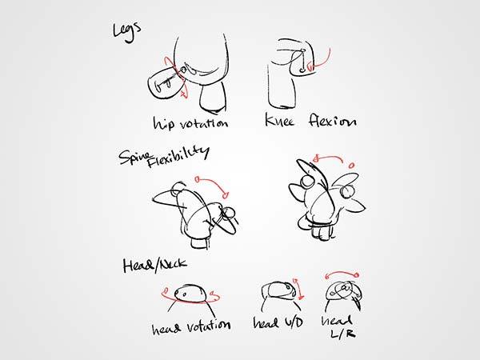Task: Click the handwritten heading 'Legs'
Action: coord(126,31)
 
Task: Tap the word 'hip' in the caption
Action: coord(164,123)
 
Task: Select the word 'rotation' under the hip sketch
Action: coord(204,122)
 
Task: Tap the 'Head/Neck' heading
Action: coord(154,265)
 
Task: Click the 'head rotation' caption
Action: coord(191,327)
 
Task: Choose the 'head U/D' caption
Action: coord(278,322)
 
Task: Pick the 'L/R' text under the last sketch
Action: coord(343,333)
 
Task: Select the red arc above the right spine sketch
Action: coord(332,158)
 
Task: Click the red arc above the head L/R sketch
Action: coord(342,273)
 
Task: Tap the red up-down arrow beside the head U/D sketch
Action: coord(298,289)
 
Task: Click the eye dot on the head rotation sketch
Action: coord(184,294)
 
